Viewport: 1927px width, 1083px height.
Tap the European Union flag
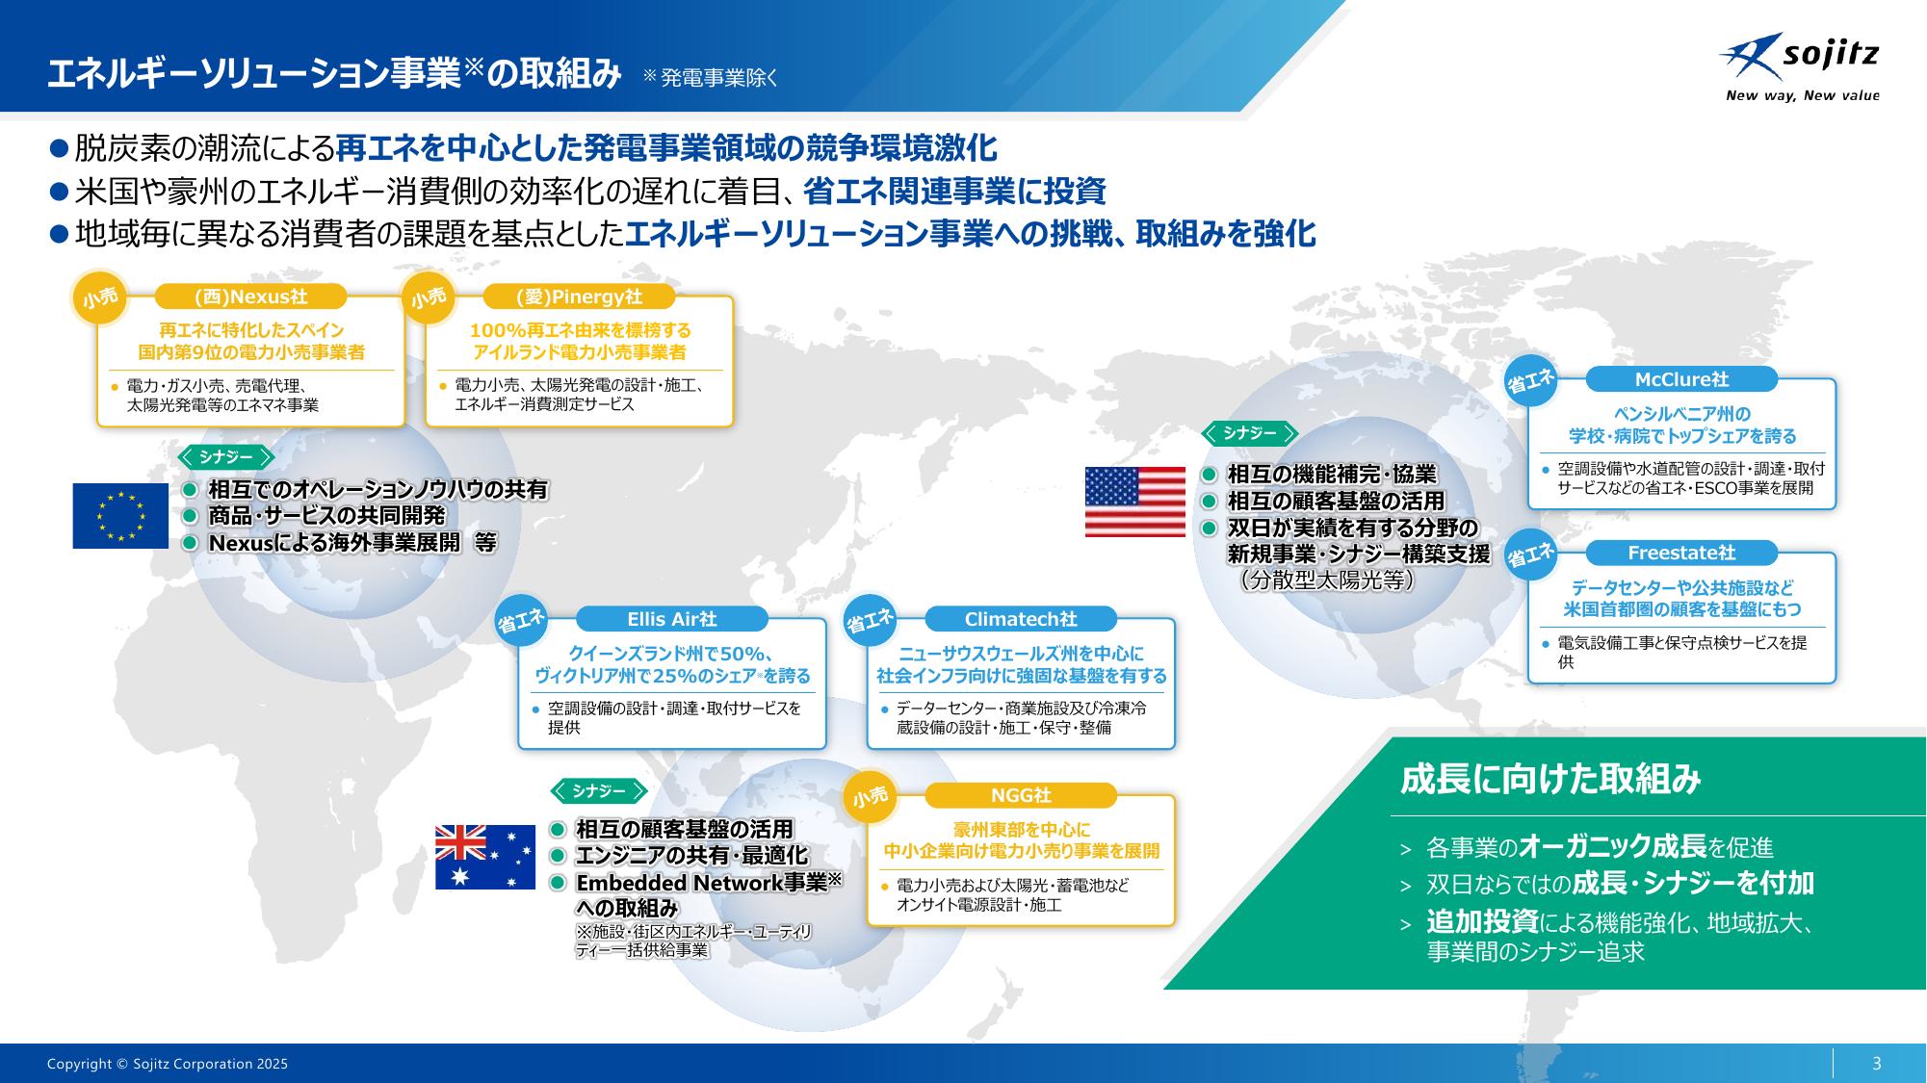point(120,516)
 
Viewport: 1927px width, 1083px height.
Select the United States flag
point(1135,502)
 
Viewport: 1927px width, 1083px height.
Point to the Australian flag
point(485,857)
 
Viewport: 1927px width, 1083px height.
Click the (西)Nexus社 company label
point(250,297)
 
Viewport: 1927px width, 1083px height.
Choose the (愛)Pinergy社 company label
point(579,297)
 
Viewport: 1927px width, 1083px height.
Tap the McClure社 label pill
point(1681,379)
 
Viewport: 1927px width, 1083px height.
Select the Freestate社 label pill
point(1681,553)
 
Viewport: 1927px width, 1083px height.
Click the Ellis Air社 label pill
point(672,619)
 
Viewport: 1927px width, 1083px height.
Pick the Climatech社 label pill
point(1021,619)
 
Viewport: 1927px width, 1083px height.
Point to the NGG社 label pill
point(1021,796)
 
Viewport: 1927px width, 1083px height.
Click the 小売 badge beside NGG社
point(871,797)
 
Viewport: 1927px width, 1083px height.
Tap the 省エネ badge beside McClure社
point(1531,381)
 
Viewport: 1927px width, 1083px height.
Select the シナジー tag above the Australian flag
point(598,791)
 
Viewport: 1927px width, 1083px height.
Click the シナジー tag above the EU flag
point(226,457)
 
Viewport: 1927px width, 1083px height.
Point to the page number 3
point(1876,1064)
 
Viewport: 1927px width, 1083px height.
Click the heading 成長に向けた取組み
point(1550,779)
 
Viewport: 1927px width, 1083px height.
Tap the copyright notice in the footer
point(168,1064)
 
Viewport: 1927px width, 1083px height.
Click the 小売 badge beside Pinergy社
point(429,297)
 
